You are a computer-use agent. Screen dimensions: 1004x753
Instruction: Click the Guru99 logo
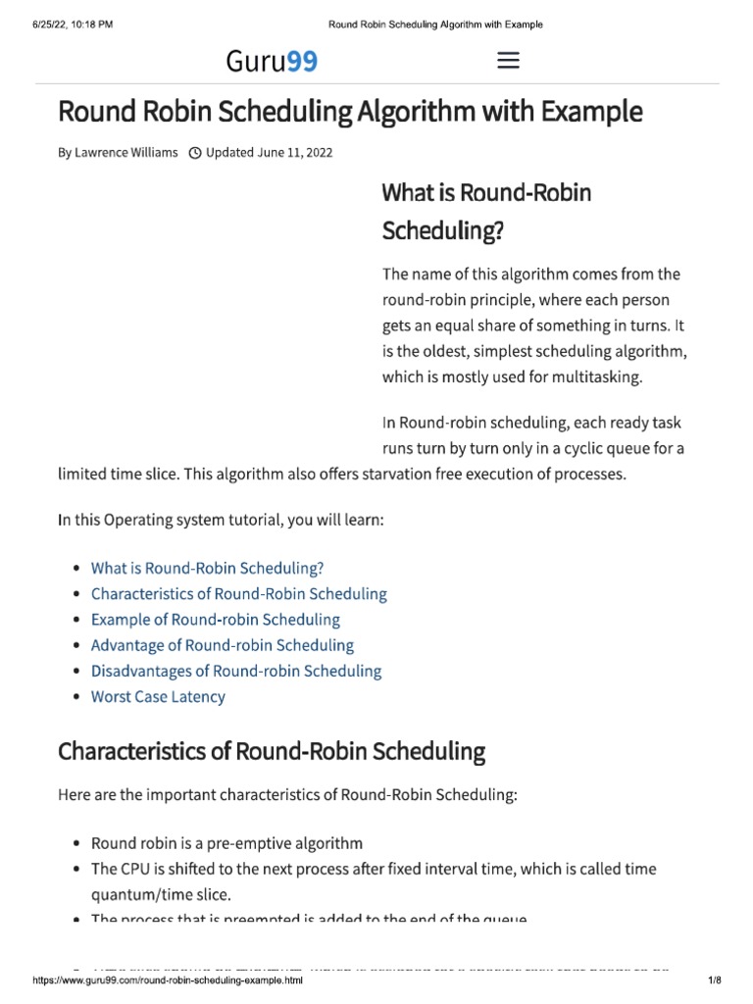point(272,62)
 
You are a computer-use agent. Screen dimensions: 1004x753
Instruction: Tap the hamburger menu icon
point(508,61)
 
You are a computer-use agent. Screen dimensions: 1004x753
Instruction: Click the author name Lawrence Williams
point(126,153)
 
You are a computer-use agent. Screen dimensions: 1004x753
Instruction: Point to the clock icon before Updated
point(194,153)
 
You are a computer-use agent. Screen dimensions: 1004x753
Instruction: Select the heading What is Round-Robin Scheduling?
point(486,211)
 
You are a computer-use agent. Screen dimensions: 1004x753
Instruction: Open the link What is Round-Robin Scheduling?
point(207,568)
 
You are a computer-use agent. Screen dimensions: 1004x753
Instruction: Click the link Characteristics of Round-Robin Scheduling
point(238,593)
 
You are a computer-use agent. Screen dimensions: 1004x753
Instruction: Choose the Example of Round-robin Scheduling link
point(215,620)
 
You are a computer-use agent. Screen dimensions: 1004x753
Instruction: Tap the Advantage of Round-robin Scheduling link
point(222,645)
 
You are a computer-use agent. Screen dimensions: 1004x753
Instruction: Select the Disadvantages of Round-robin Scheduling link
point(235,671)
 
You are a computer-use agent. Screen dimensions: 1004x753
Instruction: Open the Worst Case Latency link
point(158,697)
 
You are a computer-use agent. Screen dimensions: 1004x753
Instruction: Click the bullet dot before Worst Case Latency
point(76,698)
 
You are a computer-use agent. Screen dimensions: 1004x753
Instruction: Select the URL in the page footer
point(168,980)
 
